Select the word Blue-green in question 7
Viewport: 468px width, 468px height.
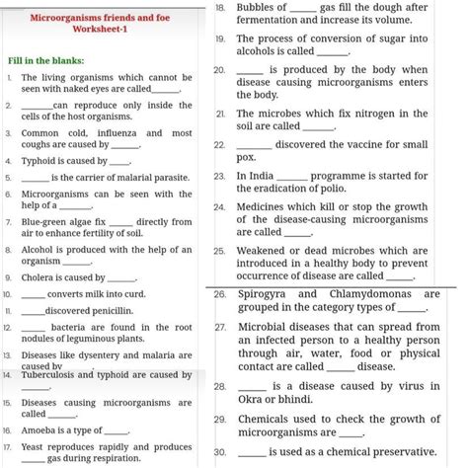point(44,221)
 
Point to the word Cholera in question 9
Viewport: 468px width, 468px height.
point(39,278)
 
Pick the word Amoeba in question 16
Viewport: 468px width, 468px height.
point(39,430)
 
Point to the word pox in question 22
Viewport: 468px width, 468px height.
point(246,158)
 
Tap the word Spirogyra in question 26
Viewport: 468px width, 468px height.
point(264,293)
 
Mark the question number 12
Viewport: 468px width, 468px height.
point(8,327)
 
